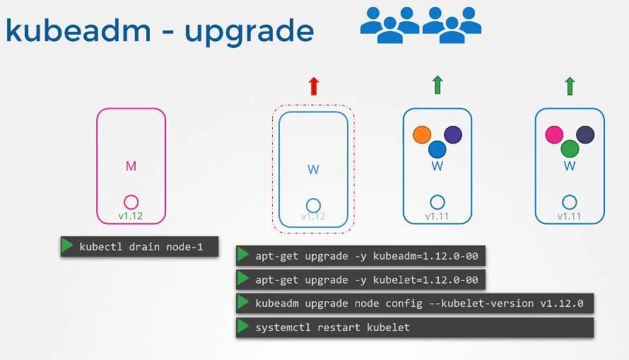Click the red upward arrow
click(x=314, y=86)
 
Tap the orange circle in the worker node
click(x=422, y=134)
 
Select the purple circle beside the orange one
click(x=453, y=134)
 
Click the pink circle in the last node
click(x=554, y=134)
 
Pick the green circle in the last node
click(x=570, y=149)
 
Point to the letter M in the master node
click(x=131, y=166)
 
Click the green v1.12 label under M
click(x=130, y=216)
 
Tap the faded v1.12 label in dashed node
click(x=313, y=216)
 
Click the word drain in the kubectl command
click(x=144, y=246)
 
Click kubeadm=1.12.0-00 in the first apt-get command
click(x=425, y=256)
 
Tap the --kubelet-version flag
click(x=481, y=303)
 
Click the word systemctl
click(x=283, y=327)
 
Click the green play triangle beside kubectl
click(x=67, y=245)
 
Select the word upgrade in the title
click(x=249, y=32)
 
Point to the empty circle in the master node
click(x=131, y=202)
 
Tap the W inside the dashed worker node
click(x=313, y=169)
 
